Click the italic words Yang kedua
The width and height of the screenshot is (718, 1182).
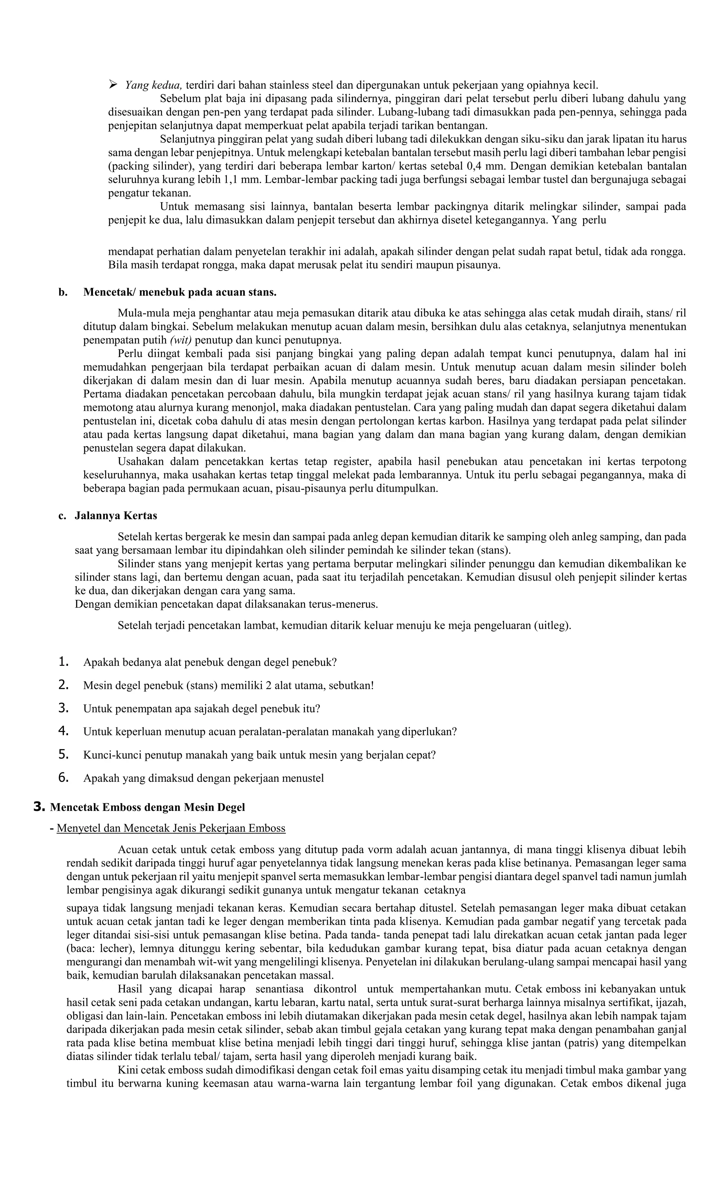(153, 86)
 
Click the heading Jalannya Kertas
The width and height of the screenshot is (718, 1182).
(116, 516)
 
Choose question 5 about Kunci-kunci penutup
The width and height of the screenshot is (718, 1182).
(259, 754)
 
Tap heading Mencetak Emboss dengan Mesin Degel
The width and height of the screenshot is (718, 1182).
(147, 807)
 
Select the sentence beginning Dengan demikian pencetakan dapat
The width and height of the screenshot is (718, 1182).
(226, 604)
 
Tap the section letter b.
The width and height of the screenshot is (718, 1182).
(63, 292)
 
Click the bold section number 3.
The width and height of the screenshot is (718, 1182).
(39, 807)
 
